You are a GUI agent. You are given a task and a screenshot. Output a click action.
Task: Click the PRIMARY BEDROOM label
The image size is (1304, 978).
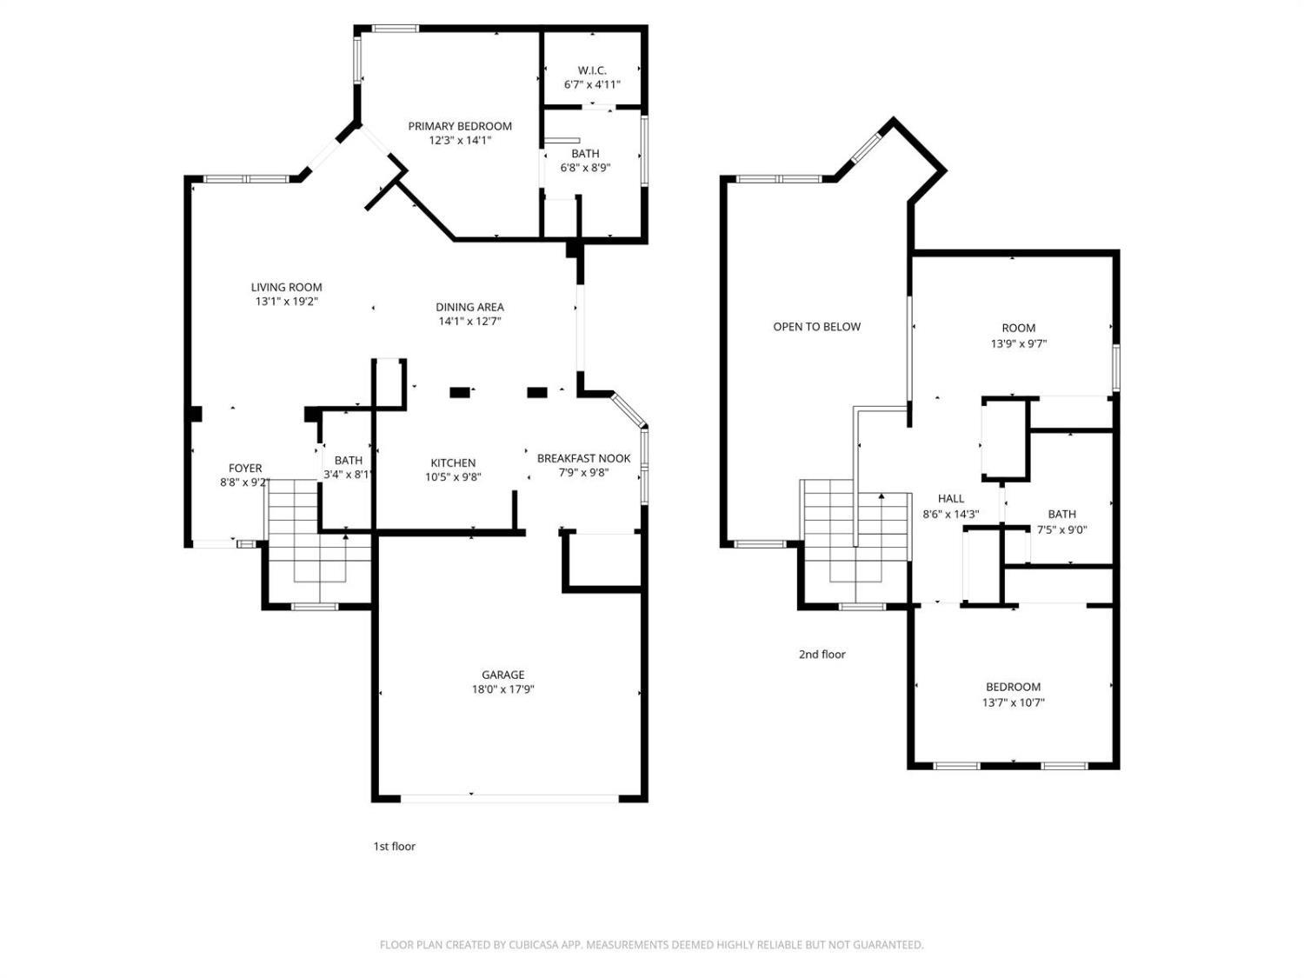coord(460,126)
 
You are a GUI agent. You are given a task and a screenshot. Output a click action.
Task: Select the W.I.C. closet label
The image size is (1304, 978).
coord(592,70)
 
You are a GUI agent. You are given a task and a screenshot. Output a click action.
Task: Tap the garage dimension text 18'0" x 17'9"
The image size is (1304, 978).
coord(502,689)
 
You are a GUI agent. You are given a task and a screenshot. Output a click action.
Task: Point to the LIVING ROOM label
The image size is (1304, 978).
coord(286,287)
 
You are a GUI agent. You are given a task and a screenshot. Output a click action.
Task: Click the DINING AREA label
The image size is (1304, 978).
coord(469,307)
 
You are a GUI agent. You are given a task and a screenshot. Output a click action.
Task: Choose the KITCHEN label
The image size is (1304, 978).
coord(453,462)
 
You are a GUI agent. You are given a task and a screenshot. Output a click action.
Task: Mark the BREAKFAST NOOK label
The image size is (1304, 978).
coord(583,458)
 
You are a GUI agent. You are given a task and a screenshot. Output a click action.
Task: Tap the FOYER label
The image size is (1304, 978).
coord(245,469)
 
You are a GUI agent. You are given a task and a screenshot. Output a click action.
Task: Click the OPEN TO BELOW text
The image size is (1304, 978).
coord(816,327)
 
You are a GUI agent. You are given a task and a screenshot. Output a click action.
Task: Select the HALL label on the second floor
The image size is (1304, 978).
coord(950,498)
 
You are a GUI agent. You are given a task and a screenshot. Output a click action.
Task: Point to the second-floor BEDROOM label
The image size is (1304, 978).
coord(1013,687)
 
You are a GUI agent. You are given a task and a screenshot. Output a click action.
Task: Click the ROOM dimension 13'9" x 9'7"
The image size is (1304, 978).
coord(1018,343)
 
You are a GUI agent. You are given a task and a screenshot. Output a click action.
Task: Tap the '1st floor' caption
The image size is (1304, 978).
coord(394,846)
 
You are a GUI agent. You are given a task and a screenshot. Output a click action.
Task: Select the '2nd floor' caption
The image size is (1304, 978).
coord(822,655)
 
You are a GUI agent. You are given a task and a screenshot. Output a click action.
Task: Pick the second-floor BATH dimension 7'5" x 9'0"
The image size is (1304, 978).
coord(1061,529)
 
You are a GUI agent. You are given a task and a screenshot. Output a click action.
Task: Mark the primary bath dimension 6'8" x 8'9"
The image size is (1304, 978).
coord(585,168)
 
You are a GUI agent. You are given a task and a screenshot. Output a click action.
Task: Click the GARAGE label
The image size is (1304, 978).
coord(502,675)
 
